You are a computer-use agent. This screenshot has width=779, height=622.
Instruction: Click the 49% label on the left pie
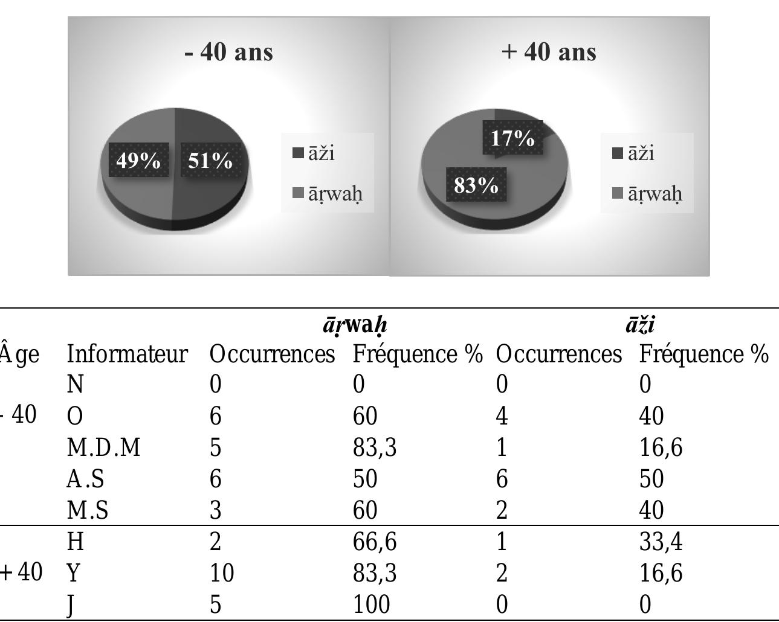click(x=138, y=161)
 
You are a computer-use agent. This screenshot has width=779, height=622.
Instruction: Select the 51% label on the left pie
click(x=210, y=161)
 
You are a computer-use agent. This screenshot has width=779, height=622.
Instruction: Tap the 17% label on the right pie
click(x=512, y=138)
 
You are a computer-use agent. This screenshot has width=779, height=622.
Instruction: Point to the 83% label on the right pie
click(x=476, y=185)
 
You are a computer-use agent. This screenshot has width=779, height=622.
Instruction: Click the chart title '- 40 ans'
click(x=228, y=52)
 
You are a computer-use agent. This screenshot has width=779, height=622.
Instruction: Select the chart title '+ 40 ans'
click(x=549, y=52)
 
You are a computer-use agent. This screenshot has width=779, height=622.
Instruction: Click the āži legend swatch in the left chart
click(x=299, y=153)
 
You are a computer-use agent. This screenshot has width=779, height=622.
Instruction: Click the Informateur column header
click(x=127, y=354)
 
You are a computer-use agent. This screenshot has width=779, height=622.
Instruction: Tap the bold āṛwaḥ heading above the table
click(x=355, y=325)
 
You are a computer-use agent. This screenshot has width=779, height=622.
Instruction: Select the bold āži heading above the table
click(x=640, y=325)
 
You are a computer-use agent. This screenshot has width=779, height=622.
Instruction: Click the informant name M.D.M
click(x=103, y=447)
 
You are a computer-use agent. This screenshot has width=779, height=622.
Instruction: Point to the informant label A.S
click(x=85, y=479)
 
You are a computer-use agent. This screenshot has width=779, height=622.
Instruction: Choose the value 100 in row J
click(x=371, y=604)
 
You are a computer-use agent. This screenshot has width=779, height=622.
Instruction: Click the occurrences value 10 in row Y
click(x=222, y=572)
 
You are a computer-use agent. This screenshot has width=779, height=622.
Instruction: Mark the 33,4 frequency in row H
click(x=661, y=541)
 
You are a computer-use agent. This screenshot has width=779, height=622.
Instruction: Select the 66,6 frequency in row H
click(x=375, y=541)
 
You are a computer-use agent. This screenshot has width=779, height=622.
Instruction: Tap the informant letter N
click(x=75, y=384)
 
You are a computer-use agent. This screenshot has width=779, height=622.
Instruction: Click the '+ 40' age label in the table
click(x=22, y=571)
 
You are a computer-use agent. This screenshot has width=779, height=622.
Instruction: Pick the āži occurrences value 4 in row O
click(x=502, y=416)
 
